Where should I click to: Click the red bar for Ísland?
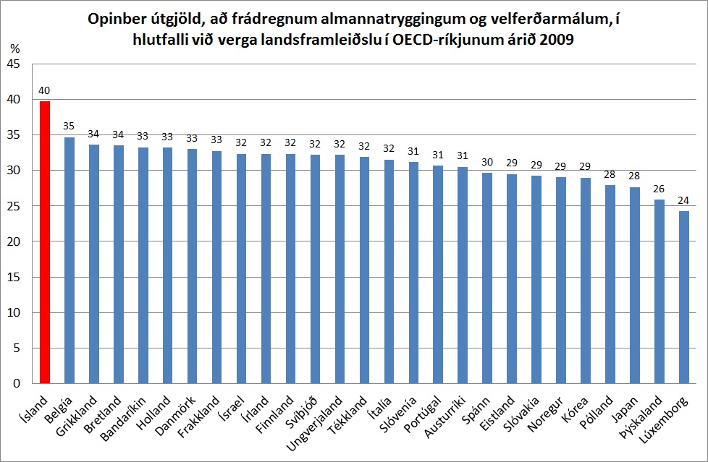coord(45,242)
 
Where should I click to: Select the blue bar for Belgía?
coord(69,260)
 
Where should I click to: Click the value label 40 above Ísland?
coord(45,91)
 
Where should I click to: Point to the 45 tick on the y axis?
coord(15,65)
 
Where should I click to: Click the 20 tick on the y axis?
coord(15,242)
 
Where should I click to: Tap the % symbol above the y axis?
coord(15,49)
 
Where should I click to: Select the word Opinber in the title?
coord(115,19)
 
